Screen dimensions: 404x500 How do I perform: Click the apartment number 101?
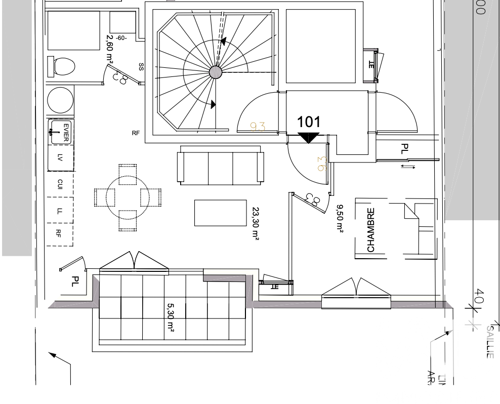coord(309,122)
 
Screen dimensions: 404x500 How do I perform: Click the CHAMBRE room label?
coord(371,230)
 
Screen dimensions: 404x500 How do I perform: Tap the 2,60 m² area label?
coord(109,50)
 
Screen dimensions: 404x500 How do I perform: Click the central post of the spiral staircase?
coord(216,72)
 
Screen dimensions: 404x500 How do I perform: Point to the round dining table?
coord(128,197)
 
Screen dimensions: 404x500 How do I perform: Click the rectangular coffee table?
coord(220,213)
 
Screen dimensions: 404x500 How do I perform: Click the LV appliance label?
coord(60,158)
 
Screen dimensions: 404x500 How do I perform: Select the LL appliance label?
coord(59,211)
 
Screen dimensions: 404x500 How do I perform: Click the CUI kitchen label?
coord(60,184)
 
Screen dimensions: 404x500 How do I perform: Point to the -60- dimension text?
coord(121,38)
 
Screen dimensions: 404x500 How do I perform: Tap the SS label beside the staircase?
coord(141,67)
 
